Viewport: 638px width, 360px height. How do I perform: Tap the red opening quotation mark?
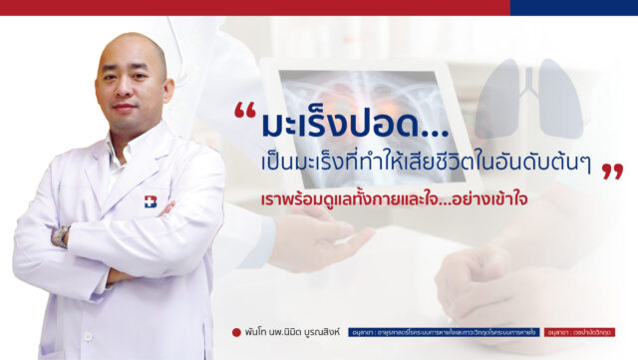click(x=245, y=114)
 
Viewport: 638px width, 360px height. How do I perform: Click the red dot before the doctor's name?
click(x=235, y=332)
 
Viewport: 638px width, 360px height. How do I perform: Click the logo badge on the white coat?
click(x=152, y=200)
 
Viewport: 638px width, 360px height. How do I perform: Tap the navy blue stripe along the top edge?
click(x=573, y=7)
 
